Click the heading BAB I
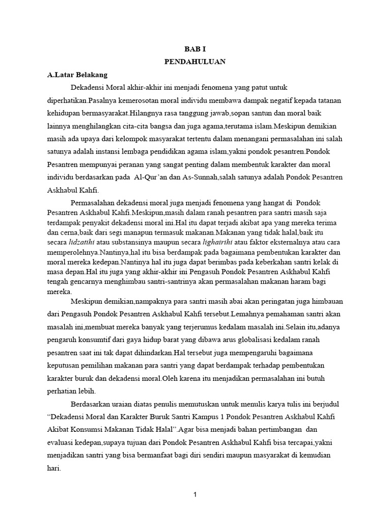[x=195, y=50]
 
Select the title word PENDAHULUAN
[x=195, y=62]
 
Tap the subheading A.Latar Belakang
[x=77, y=74]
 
